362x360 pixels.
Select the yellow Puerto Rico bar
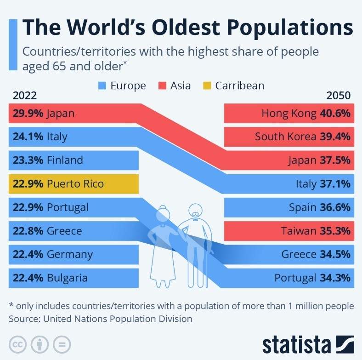click(74, 184)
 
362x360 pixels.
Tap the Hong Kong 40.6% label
click(305, 113)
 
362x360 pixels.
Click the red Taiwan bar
click(289, 231)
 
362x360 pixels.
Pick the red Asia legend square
click(162, 86)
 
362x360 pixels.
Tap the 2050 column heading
click(338, 96)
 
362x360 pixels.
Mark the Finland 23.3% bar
click(74, 160)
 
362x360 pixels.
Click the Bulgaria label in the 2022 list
click(67, 278)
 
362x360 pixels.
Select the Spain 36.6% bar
click(289, 207)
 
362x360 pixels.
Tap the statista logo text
click(296, 344)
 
